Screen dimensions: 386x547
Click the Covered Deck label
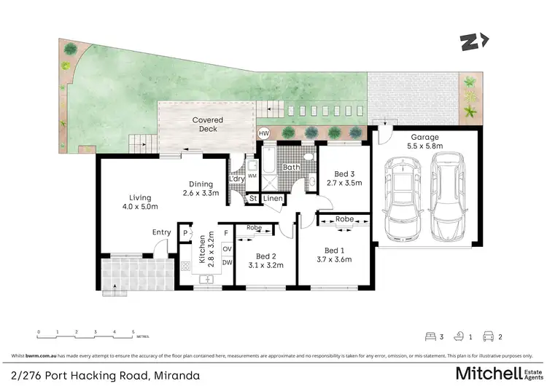pyautogui.click(x=208, y=125)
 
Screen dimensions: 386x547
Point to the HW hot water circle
pyautogui.click(x=264, y=133)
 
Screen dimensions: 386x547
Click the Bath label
pyautogui.click(x=292, y=168)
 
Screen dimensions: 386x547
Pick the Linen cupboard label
pyautogui.click(x=273, y=198)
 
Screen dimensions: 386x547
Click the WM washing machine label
pyautogui.click(x=252, y=176)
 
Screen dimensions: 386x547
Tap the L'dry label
pyautogui.click(x=236, y=178)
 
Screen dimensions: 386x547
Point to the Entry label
pyautogui.click(x=161, y=232)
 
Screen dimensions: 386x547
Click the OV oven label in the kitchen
pyautogui.click(x=227, y=249)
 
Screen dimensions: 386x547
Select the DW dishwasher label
pyautogui.click(x=227, y=262)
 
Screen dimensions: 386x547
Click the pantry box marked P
pyautogui.click(x=185, y=234)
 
